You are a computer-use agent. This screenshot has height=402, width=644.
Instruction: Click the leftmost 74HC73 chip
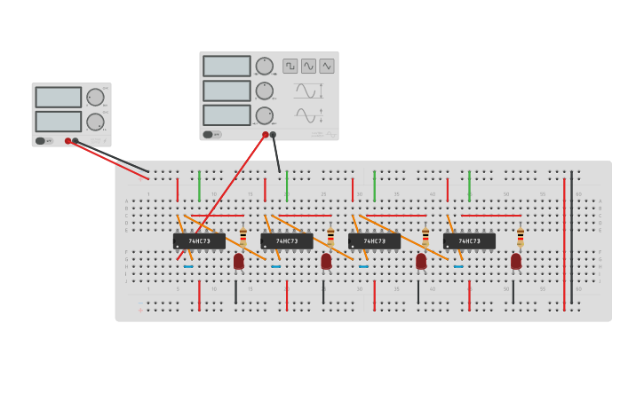pos(199,241)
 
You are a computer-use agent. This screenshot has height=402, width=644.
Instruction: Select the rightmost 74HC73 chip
pos(469,241)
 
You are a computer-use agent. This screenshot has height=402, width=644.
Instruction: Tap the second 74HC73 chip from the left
pos(286,241)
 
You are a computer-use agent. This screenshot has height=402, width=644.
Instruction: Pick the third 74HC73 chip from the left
pos(374,241)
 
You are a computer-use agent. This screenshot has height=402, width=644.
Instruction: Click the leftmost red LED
pos(238,261)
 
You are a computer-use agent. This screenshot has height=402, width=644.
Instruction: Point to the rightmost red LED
pos(516,261)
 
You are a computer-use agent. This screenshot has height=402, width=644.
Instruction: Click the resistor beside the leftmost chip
pos(242,237)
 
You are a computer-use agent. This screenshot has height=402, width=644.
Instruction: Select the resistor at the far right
pos(520,237)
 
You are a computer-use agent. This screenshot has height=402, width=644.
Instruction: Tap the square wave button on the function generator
pos(290,66)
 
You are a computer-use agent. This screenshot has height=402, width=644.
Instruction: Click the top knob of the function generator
pos(265,66)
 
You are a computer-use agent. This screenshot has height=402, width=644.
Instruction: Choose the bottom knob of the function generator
pos(265,115)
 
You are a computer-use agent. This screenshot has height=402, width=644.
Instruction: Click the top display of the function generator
pos(227,67)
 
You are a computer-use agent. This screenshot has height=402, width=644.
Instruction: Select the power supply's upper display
pos(58,97)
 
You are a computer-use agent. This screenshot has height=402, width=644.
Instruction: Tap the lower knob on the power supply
pos(95,122)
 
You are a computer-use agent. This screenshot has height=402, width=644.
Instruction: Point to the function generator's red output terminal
pos(265,135)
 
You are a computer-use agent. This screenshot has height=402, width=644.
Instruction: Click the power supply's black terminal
pos(76,141)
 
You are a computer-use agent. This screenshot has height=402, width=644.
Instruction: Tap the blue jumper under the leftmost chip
pos(188,266)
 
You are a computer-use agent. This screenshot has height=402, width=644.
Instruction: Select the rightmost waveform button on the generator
pos(327,66)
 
